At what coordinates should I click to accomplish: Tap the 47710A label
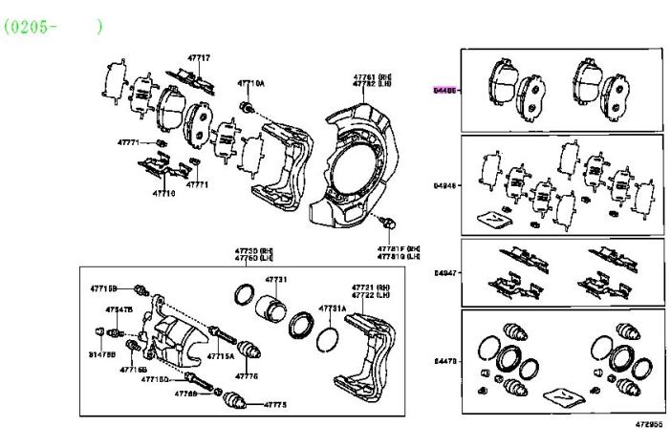point(251,83)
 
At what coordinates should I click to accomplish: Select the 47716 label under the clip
point(163,192)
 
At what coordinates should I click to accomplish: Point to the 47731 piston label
point(275,279)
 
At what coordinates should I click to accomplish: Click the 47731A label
point(332,309)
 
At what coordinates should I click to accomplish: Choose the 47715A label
point(221,354)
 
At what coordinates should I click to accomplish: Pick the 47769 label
point(184,394)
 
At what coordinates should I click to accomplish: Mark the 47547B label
point(119,309)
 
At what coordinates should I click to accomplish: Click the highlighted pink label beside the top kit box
point(444,90)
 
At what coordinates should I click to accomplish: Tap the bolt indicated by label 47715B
point(141,288)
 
